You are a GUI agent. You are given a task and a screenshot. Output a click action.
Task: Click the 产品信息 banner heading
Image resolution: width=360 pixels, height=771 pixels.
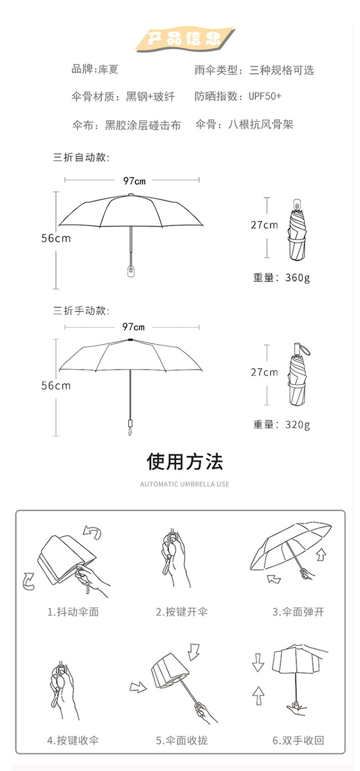pos(184,38)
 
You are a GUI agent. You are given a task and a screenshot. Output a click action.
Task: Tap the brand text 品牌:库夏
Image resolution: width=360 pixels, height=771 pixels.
pos(95,69)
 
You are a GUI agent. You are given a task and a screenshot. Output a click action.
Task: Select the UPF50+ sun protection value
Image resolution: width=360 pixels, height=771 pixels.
pos(265,96)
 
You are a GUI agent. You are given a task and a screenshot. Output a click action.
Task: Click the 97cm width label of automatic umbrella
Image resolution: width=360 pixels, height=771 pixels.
pos(134,181)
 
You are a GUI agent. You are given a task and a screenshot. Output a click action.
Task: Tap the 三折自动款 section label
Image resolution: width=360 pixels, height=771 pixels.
pos(81,158)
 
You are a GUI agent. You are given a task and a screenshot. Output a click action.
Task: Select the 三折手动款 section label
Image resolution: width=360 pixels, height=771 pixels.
pos(81,311)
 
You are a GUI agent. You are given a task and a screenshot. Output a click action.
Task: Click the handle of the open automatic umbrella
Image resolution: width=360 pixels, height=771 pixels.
pos(131,271)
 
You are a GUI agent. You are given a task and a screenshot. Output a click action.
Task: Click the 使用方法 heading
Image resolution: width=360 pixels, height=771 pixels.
pos(185,462)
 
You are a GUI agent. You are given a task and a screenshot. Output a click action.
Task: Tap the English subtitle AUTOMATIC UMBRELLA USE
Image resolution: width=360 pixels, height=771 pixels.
pos(185,484)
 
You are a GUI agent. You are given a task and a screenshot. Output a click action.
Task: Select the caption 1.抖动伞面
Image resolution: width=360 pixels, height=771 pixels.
pos(73,612)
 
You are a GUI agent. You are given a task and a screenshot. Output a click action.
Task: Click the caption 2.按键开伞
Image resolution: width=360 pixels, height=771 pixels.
pos(182,612)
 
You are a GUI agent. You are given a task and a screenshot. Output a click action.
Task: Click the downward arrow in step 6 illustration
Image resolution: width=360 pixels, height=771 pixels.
pos(258,662)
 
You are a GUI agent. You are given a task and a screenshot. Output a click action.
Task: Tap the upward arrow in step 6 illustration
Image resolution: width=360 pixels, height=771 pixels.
pos(258,695)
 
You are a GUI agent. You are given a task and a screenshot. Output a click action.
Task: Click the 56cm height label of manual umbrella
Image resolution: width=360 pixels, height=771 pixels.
pos(56,386)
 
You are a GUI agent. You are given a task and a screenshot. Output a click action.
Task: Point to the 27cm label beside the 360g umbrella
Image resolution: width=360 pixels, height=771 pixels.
pos(264,225)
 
